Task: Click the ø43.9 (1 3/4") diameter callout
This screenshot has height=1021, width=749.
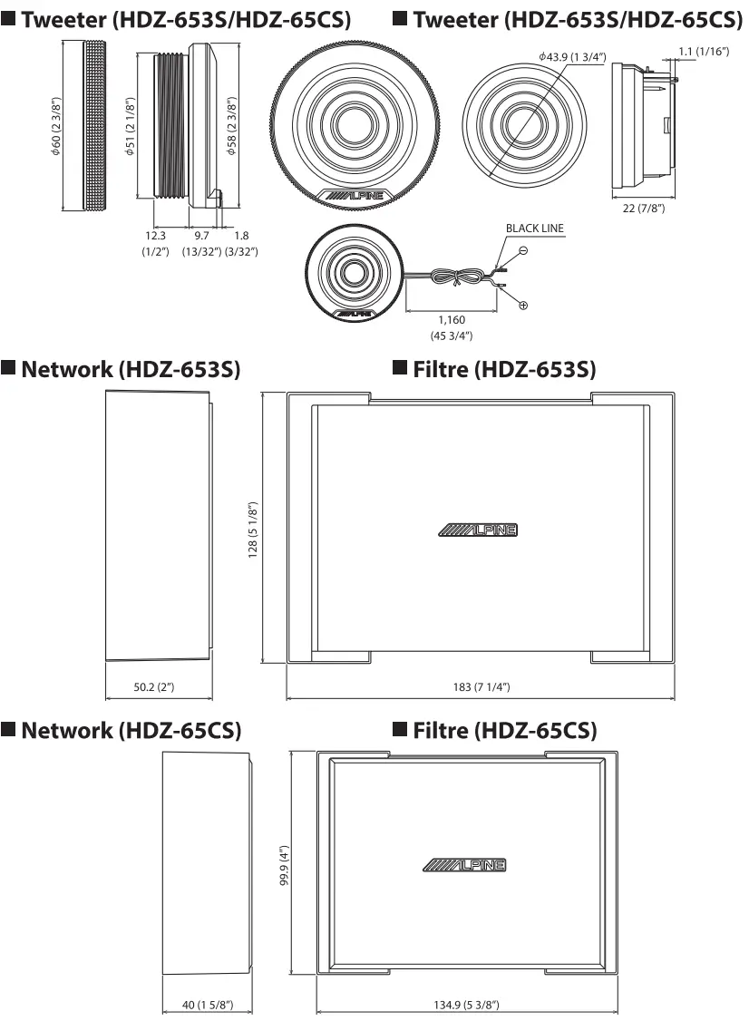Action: click(x=571, y=56)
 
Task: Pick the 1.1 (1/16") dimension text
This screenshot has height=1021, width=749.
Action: click(x=704, y=51)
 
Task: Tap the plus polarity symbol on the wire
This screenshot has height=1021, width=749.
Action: click(x=524, y=306)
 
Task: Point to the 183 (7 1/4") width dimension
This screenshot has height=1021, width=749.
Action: click(x=481, y=686)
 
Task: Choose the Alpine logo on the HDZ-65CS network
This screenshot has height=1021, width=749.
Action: click(x=465, y=864)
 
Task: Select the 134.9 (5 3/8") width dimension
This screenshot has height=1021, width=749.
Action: click(x=467, y=1005)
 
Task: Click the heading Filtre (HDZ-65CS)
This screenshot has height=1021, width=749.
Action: click(x=495, y=730)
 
